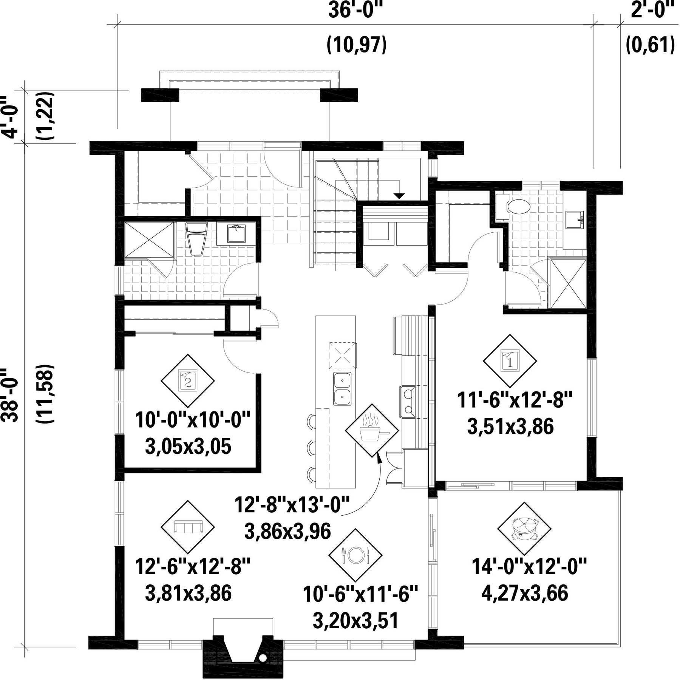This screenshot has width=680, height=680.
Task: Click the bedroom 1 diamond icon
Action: (510, 360)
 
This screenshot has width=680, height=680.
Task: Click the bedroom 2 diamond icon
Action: (188, 380)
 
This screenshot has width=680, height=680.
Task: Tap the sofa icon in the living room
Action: (188, 527)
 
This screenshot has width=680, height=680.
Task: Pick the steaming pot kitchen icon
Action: (372, 430)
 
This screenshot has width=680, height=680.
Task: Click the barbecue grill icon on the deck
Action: (524, 529)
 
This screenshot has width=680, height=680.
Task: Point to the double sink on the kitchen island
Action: (342, 389)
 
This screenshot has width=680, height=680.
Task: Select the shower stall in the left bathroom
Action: (150, 241)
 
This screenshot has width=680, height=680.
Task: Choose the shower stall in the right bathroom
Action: (568, 283)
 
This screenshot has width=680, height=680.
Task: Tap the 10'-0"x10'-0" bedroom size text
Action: (193, 420)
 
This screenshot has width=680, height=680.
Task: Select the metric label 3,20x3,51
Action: (355, 621)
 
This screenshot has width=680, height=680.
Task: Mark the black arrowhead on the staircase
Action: (399, 196)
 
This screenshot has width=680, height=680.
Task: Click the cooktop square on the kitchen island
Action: (342, 355)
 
